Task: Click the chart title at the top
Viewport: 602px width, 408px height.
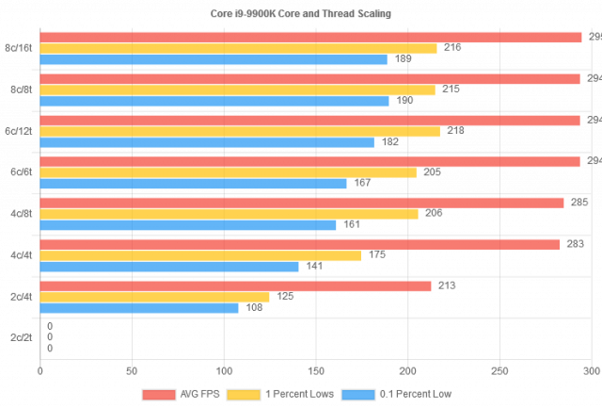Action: tap(300, 14)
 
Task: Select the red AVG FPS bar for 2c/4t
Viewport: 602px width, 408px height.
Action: tap(235, 286)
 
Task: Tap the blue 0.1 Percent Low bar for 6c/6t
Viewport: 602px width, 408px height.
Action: tap(193, 184)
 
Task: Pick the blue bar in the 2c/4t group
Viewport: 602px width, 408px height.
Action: tap(139, 308)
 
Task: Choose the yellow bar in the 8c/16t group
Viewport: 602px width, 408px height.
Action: tap(238, 48)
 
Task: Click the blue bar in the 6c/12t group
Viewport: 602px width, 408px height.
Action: tap(207, 142)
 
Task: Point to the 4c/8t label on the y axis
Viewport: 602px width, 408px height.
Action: tap(20, 214)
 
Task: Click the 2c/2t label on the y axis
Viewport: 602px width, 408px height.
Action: tap(20, 337)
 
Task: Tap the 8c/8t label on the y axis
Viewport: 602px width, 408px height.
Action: tap(20, 90)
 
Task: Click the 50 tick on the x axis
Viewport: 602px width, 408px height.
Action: tap(132, 371)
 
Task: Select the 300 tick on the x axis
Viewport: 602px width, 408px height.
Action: tap(591, 371)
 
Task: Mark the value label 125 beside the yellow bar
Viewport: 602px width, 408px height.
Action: tap(284, 297)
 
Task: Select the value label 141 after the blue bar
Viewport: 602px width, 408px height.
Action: tap(314, 267)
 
